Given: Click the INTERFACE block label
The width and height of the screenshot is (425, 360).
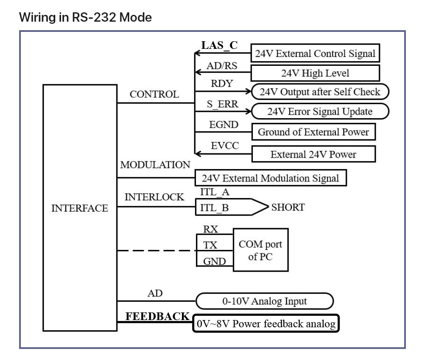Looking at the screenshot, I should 80,208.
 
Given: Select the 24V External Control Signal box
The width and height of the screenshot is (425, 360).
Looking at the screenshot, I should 315,54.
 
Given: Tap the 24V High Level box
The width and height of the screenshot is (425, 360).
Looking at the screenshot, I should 315,73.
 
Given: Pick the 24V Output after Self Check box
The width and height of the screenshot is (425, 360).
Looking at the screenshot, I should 320,92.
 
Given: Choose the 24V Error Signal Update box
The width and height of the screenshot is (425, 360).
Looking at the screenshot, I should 320,111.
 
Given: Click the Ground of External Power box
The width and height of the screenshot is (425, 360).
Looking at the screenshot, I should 313,132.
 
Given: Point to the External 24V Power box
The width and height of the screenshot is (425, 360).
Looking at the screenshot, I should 313,154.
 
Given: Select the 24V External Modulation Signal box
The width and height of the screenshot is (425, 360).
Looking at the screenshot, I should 270,178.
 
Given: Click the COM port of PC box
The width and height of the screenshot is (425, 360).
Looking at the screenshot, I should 260,250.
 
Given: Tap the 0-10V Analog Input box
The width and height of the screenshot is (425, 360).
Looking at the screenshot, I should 264,301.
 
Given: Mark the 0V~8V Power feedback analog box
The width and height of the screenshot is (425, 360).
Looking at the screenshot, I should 266,323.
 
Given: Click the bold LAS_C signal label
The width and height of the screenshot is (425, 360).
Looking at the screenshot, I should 219,45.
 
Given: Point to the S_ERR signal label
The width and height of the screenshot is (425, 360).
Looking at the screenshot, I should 222,104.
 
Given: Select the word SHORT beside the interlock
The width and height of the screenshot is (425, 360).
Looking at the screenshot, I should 288,207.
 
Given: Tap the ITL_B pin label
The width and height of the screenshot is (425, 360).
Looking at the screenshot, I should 214,208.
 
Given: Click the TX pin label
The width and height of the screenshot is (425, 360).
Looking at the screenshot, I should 210,245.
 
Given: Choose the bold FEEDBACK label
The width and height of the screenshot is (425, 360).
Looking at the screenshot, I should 157,316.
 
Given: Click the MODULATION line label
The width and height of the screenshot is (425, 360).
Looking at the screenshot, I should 155,165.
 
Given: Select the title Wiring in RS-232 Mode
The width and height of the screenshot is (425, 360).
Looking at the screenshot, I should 85,17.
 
